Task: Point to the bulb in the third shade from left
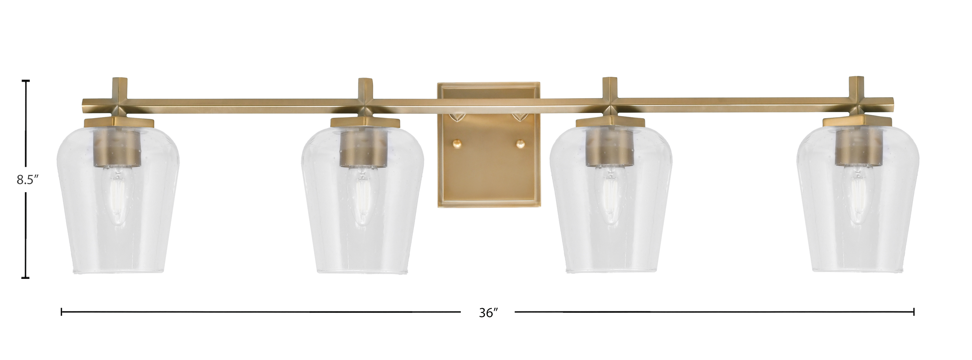coord(611,198)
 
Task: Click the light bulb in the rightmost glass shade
coord(857,198)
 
